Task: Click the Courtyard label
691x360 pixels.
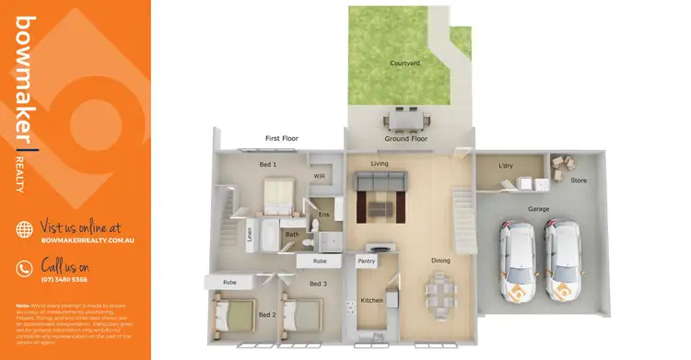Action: [x=406, y=63]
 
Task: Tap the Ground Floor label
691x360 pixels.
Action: [x=406, y=140]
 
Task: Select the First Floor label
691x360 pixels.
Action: [x=284, y=138]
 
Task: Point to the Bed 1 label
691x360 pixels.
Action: [x=267, y=164]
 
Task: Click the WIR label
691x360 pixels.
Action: [x=320, y=176]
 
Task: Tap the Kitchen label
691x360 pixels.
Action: [x=371, y=300]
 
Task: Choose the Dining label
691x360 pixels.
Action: [x=440, y=261]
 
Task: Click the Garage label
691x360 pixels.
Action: [x=538, y=209]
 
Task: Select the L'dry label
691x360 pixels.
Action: [x=505, y=167]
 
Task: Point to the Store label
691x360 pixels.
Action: [x=579, y=180]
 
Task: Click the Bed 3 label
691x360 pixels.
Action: [x=318, y=284]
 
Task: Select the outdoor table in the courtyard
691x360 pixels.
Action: [x=406, y=120]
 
